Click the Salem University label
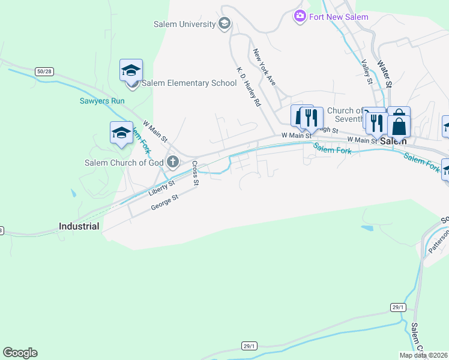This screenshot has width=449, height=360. [185, 24]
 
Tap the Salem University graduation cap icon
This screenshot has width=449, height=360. [224, 24]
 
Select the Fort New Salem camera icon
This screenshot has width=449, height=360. [300, 16]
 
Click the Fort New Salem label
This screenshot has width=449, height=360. [339, 17]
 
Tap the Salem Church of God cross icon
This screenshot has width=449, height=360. [173, 161]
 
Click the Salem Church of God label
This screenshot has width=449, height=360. [124, 163]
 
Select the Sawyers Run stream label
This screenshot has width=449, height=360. [102, 101]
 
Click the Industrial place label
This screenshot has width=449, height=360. [79, 227]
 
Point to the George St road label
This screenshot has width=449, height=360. [164, 200]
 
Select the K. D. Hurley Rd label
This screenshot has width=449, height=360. [249, 88]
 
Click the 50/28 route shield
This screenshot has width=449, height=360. [44, 71]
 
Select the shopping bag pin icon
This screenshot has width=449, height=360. [399, 126]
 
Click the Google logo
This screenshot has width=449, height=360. [20, 353]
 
